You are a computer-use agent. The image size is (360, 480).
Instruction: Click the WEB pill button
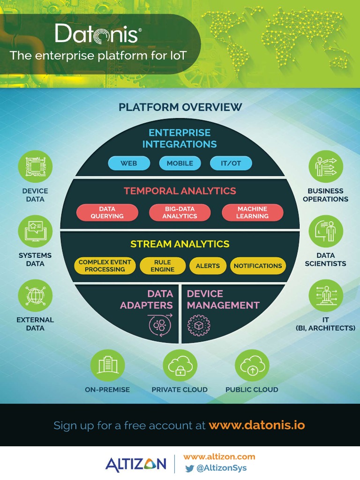(x=129, y=163)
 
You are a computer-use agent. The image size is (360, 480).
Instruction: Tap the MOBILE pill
(x=180, y=163)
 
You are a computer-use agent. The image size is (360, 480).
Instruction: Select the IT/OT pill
(x=231, y=163)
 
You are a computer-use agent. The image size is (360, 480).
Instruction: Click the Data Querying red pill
(x=107, y=212)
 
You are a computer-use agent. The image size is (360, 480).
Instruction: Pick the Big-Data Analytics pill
(x=180, y=212)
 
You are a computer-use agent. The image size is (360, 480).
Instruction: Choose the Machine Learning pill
(x=252, y=212)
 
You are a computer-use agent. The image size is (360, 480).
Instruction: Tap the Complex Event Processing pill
(x=105, y=266)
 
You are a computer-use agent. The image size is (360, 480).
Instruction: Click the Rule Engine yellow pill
(x=163, y=266)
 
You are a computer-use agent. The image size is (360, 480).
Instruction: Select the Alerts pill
(x=208, y=266)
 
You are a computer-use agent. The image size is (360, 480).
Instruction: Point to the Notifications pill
(x=258, y=266)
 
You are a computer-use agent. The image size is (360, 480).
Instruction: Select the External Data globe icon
(x=35, y=296)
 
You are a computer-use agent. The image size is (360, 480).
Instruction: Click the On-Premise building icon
(x=107, y=366)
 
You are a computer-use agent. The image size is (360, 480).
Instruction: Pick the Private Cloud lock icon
(x=180, y=366)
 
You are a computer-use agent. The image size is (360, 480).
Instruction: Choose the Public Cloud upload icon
(x=252, y=366)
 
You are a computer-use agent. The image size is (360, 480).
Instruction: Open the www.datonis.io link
(x=257, y=426)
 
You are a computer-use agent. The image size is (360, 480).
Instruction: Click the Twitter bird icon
(x=189, y=468)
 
